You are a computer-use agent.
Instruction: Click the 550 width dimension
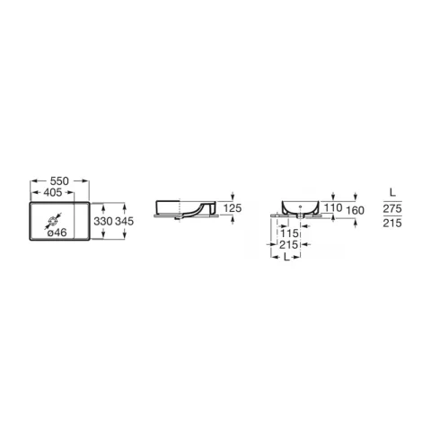pyautogui.click(x=59, y=180)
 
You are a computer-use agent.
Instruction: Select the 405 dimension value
pyautogui.click(x=53, y=192)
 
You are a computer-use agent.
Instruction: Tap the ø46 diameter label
pyautogui.click(x=57, y=233)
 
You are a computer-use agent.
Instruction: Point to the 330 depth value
pyautogui.click(x=103, y=221)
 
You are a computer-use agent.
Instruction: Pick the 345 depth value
pyautogui.click(x=124, y=221)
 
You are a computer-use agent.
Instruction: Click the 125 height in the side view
pyautogui.click(x=233, y=208)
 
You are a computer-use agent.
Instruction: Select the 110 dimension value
pyautogui.click(x=333, y=207)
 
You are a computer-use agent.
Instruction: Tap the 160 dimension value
pyautogui.click(x=355, y=210)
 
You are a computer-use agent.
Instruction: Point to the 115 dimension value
pyautogui.click(x=289, y=233)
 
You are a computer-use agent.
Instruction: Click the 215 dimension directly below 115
pyautogui.click(x=289, y=245)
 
